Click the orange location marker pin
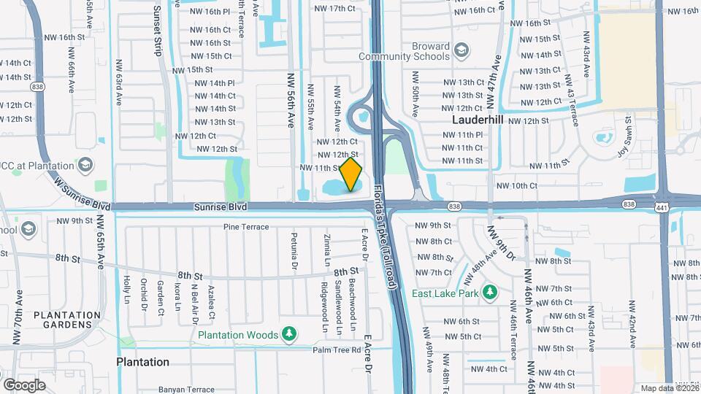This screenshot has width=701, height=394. point(351,174)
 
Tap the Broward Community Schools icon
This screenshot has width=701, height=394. point(461,50)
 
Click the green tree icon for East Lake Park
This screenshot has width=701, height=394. point(491,293)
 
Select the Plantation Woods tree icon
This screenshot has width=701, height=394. point(290,335)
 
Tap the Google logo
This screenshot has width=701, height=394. point(24,385)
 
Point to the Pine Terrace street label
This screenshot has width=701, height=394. point(246,228)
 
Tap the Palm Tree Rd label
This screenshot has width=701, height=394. point(338,350)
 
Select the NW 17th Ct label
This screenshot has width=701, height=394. point(334,9)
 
